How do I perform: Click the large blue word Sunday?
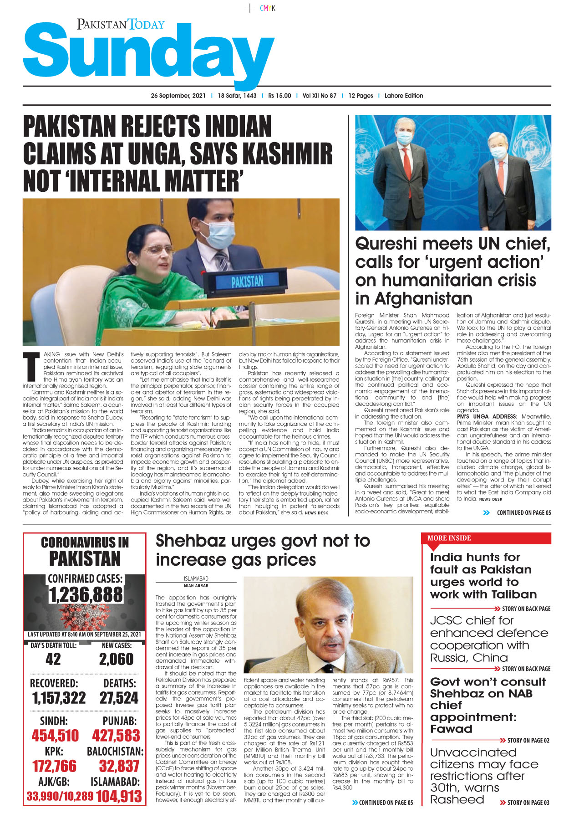tap(148, 54)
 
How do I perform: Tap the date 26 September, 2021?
tap(178, 96)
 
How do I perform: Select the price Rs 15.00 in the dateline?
tap(279, 96)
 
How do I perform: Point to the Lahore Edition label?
tap(403, 96)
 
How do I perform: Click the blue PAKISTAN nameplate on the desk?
tap(247, 281)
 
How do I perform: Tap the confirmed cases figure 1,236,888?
tap(86, 595)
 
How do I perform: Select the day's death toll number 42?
tap(53, 659)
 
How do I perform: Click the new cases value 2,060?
tap(116, 659)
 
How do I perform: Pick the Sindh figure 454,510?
tap(55, 736)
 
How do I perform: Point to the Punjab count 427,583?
tap(116, 736)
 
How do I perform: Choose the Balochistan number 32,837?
tap(119, 766)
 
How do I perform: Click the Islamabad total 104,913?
tap(119, 796)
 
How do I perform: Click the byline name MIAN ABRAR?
tap(196, 585)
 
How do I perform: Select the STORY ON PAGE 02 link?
tap(528, 741)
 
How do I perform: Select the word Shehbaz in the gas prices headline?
tap(191, 541)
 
